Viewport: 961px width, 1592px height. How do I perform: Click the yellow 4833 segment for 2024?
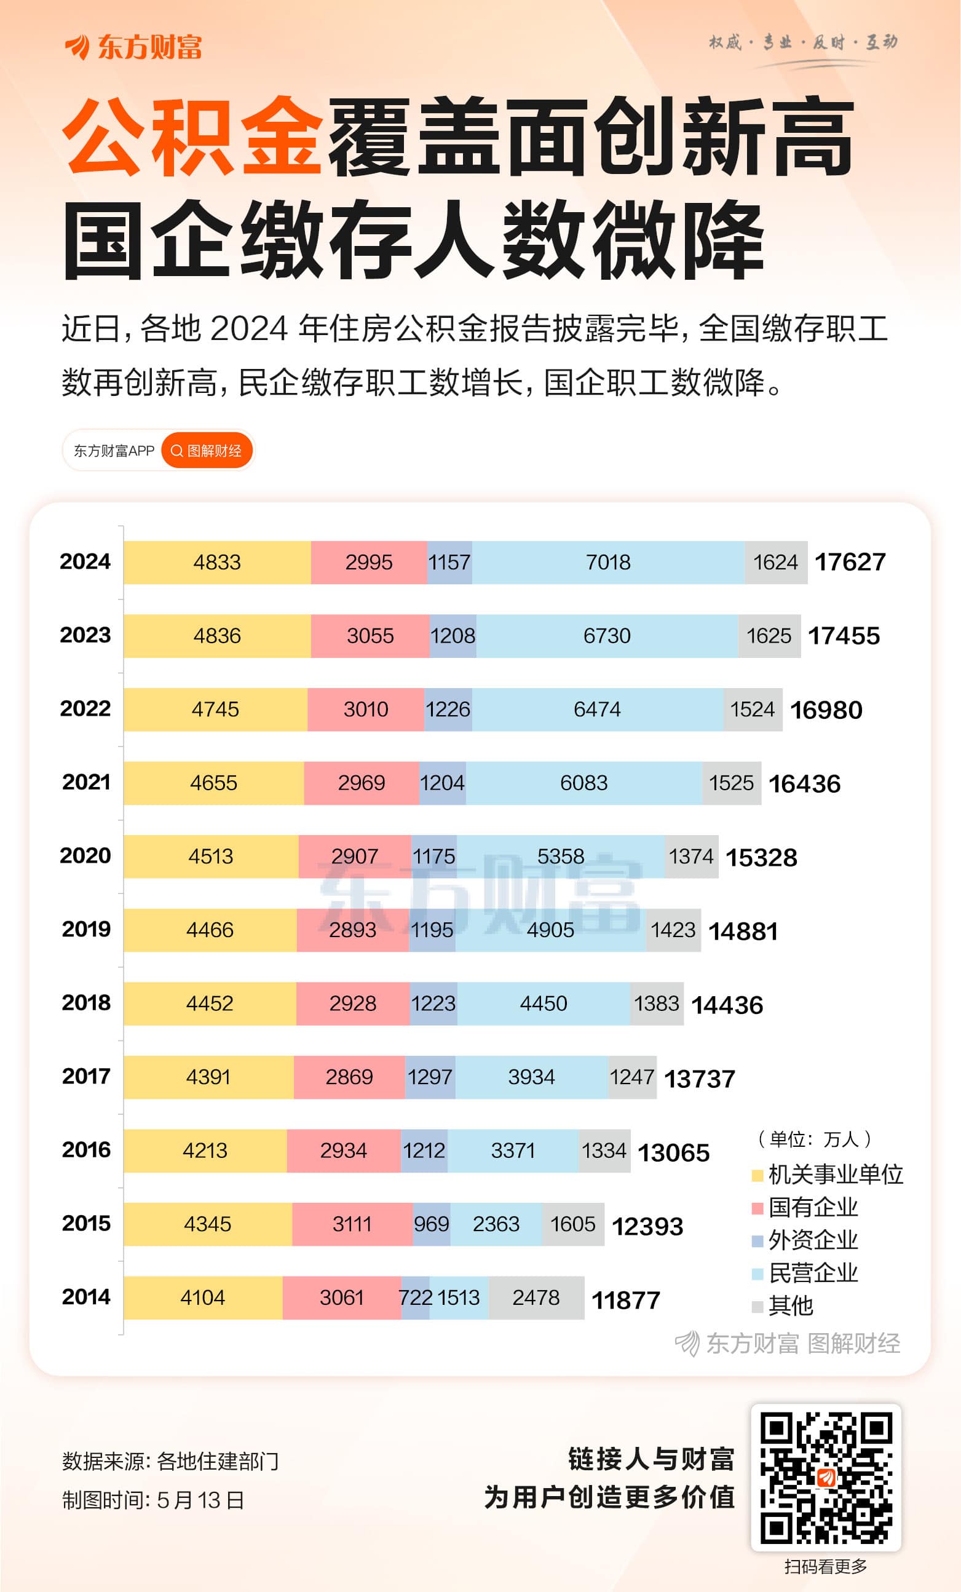217,562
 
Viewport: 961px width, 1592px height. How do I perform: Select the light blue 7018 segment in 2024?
607,562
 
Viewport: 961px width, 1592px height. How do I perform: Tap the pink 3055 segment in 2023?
370,636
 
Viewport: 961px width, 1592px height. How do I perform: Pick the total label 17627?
850,562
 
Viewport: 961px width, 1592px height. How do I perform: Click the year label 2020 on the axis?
85,855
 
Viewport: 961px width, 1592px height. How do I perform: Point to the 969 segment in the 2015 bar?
432,1224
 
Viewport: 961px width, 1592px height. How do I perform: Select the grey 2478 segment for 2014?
536,1297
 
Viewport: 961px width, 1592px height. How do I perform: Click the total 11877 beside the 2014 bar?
626,1300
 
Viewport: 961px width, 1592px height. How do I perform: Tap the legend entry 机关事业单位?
834,1174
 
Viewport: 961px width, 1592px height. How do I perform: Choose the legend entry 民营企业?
812,1272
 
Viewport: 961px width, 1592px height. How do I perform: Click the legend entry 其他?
791,1306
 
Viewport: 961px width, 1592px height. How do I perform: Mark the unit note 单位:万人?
815,1138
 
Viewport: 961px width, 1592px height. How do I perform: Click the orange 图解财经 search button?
207,450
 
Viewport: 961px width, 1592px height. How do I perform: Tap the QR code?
825,1477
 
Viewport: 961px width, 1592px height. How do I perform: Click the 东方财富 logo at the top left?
133,47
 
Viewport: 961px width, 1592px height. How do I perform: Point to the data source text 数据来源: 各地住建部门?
170,1461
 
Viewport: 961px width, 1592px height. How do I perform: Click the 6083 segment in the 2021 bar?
584,783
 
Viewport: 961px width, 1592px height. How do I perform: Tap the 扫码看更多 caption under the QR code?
825,1566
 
